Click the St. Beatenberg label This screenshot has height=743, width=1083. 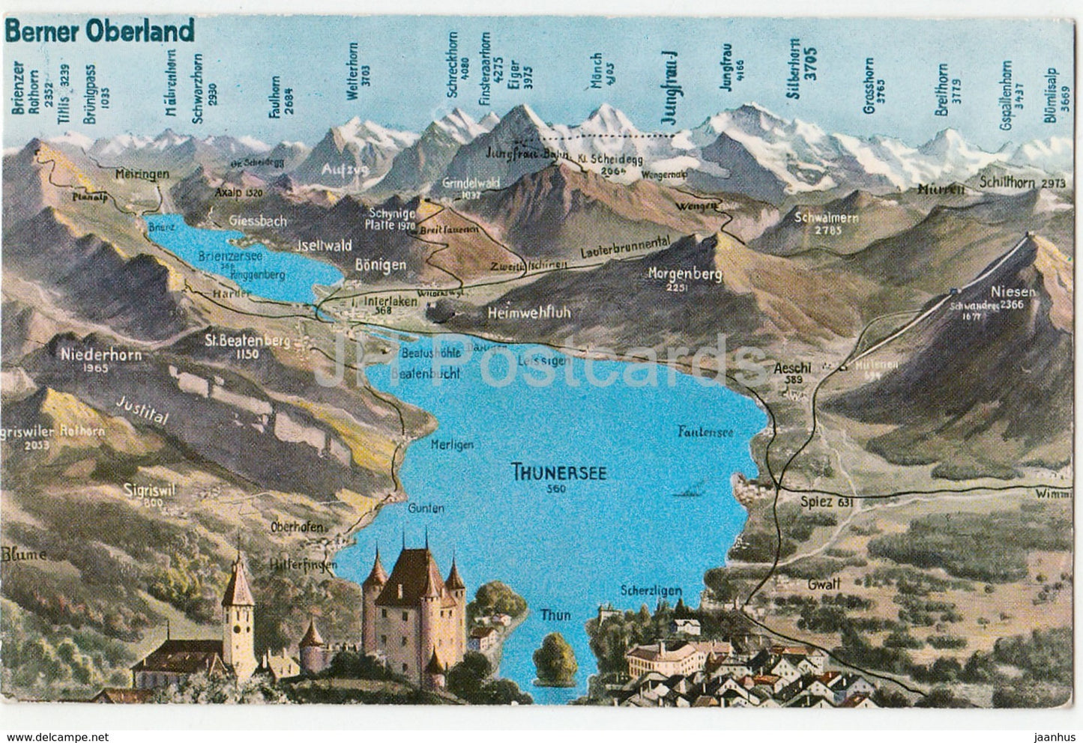(x=238, y=341)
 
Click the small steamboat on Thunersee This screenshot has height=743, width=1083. (x=689, y=492)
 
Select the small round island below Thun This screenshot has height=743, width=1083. (x=555, y=650)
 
